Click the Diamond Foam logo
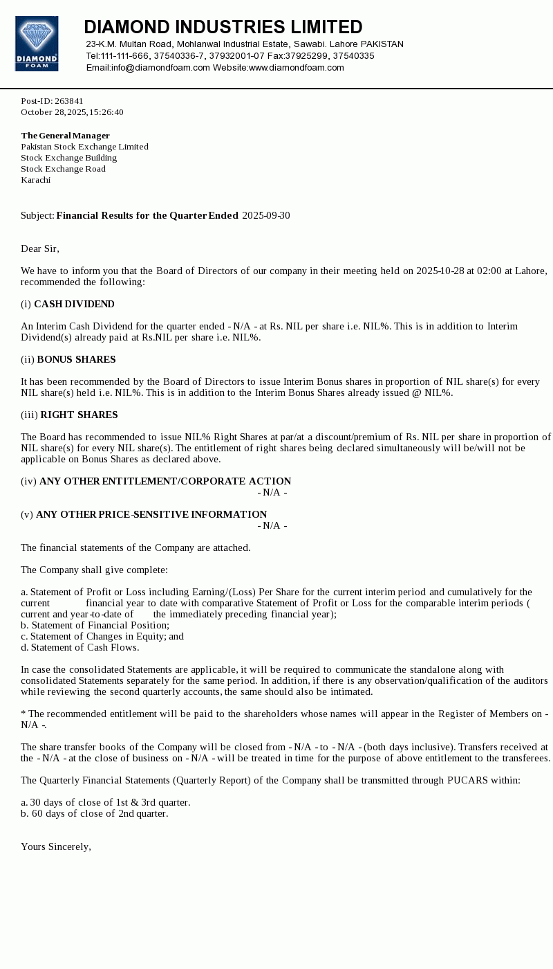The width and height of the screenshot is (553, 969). point(37,44)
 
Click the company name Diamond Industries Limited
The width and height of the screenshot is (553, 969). point(223,27)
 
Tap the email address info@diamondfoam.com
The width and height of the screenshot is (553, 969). point(160,68)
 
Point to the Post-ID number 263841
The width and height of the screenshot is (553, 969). point(68,101)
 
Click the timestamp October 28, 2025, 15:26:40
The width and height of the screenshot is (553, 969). point(72,112)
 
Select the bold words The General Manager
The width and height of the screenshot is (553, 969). point(65,136)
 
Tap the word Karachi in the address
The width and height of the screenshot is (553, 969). point(35,180)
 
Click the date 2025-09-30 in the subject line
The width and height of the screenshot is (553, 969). point(265,216)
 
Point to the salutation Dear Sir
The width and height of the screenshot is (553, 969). point(40,249)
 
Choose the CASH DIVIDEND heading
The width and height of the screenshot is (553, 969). point(74,305)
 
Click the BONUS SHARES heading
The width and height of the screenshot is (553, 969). point(76,360)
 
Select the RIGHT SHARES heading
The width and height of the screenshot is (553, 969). point(79,415)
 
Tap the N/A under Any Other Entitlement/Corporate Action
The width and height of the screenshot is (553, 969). point(272,493)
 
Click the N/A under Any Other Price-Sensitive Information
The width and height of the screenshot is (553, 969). point(272,526)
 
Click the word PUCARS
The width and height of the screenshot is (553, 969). point(467,781)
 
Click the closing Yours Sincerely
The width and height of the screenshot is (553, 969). point(56,847)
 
